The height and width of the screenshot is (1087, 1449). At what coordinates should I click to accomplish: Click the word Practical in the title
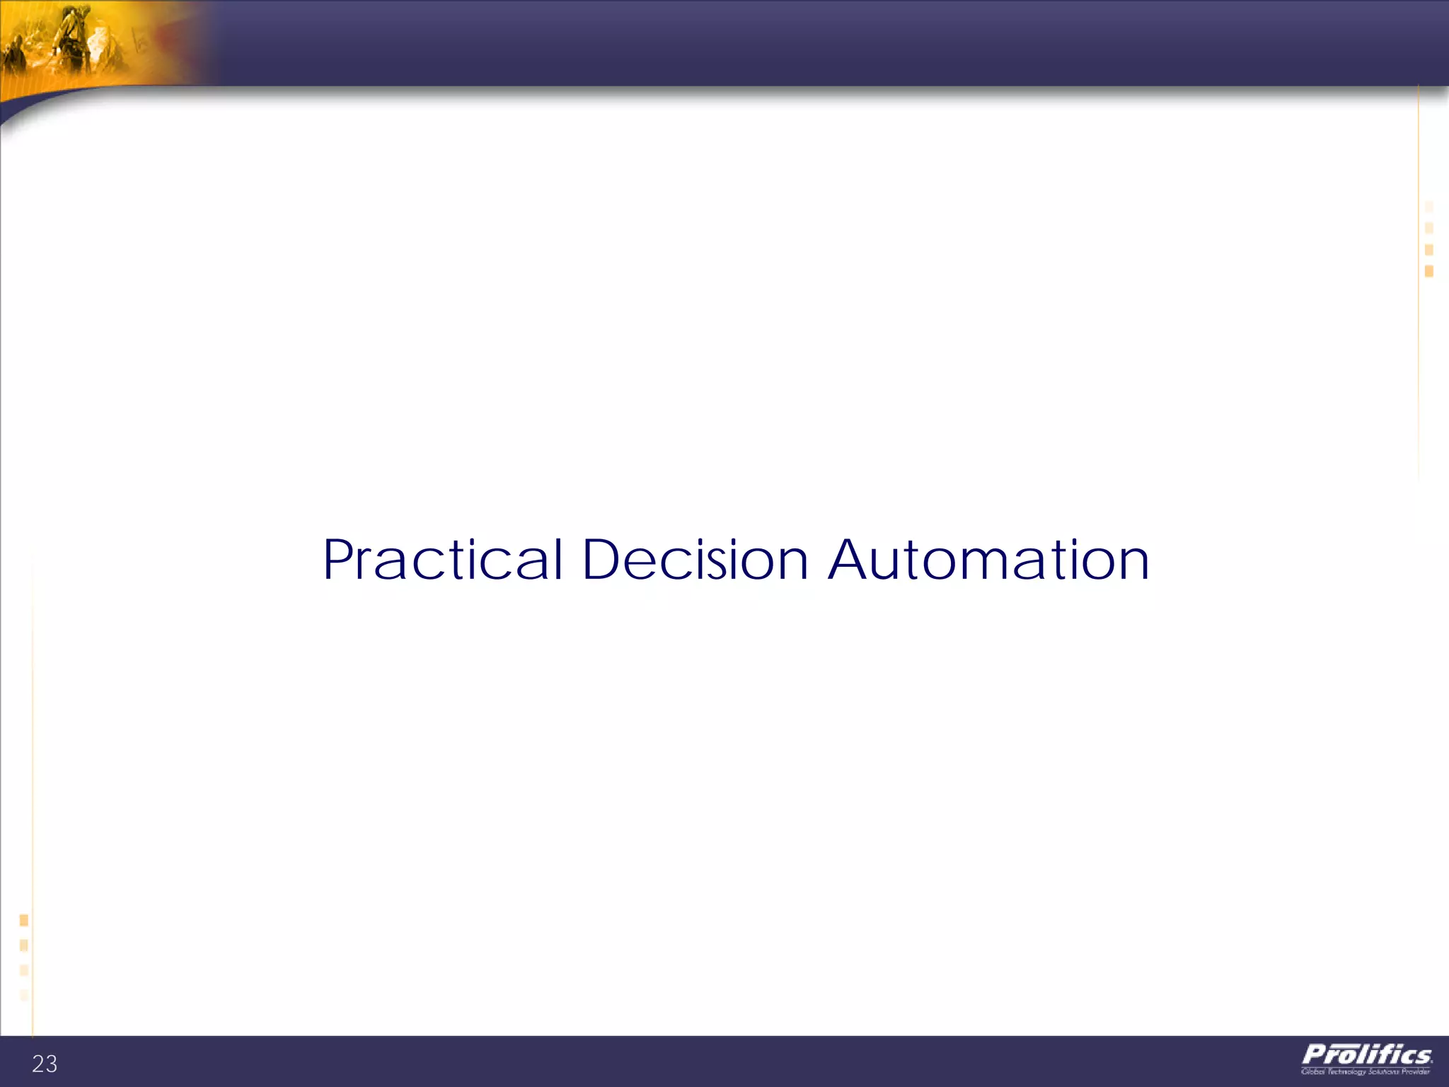(443, 560)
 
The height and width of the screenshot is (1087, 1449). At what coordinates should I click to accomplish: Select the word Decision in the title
(695, 560)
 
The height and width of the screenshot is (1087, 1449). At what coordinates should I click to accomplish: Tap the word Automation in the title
(988, 560)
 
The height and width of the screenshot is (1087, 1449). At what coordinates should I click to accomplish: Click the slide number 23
(45, 1064)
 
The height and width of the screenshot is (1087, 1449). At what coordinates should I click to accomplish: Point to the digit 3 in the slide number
(51, 1064)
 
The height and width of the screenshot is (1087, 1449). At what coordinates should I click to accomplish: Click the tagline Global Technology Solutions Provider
(1366, 1072)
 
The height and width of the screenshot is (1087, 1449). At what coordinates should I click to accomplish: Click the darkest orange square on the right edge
(1428, 271)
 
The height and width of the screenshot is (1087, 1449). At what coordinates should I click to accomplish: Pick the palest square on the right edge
(1428, 207)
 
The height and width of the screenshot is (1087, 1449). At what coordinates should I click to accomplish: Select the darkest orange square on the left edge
(24, 920)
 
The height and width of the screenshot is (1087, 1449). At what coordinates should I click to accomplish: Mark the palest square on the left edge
(24, 995)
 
